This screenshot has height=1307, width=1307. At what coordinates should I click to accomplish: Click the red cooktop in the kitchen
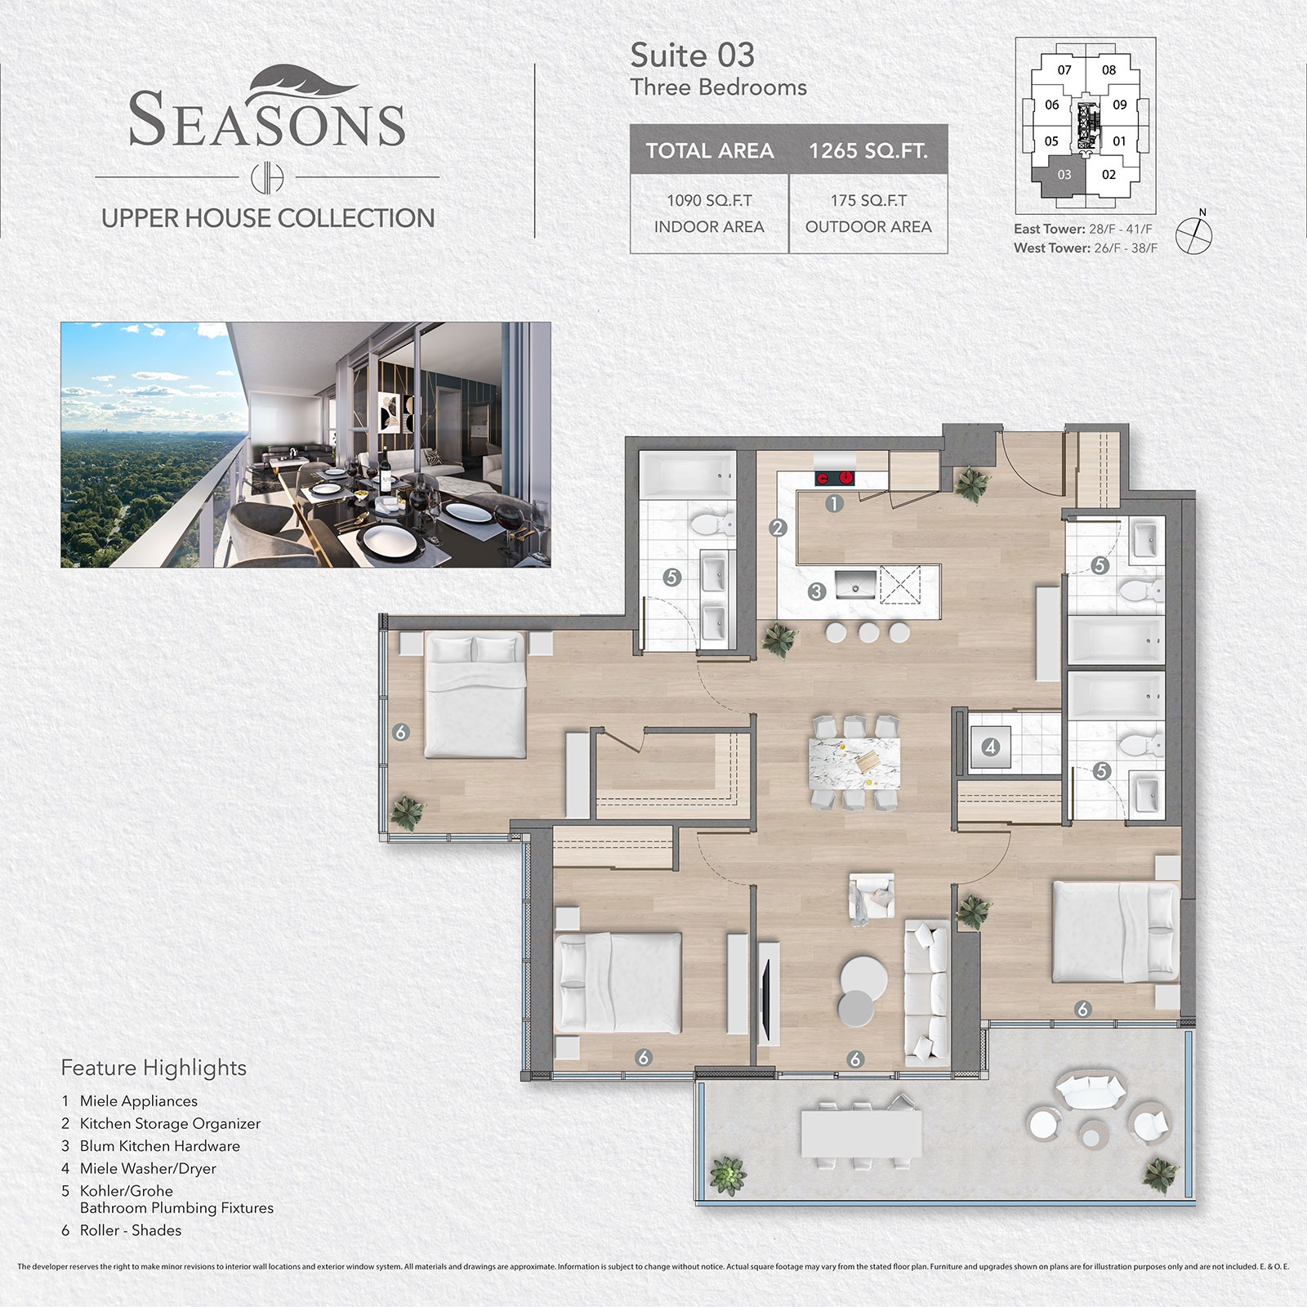tap(834, 479)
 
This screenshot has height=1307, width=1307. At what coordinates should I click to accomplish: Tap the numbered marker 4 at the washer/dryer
tap(991, 747)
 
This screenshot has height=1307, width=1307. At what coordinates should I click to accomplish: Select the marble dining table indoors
tap(854, 762)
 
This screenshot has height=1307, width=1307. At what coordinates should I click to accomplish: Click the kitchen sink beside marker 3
tap(855, 586)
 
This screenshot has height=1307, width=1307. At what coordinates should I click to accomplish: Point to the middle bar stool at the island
tap(868, 631)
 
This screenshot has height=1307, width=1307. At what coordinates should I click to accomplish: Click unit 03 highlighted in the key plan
tap(1064, 176)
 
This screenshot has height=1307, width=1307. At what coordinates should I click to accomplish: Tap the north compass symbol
tap(1194, 234)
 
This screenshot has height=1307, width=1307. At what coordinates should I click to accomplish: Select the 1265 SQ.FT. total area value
tap(868, 150)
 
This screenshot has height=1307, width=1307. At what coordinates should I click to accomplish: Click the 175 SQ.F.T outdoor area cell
tap(868, 213)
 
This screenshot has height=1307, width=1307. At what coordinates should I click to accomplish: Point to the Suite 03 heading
tap(692, 56)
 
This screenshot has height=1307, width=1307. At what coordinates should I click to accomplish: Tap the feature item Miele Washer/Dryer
tap(147, 1168)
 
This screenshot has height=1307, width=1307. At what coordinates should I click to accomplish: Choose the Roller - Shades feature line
tap(130, 1230)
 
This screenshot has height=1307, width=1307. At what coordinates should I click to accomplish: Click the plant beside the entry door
tap(971, 484)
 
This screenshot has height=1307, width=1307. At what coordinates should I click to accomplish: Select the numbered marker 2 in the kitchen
tap(778, 528)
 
